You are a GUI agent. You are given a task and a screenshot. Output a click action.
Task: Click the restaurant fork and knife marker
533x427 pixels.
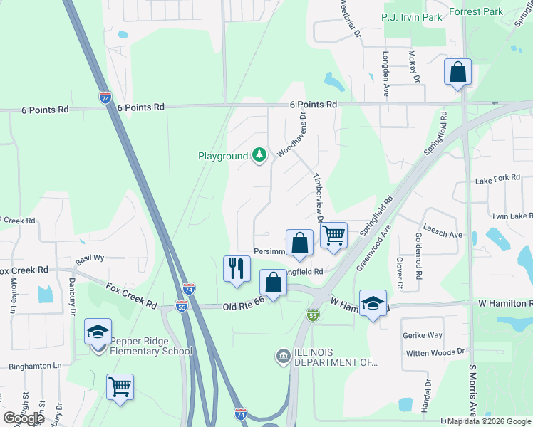[237, 269]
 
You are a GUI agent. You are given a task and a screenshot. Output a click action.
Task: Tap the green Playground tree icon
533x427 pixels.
[260, 155]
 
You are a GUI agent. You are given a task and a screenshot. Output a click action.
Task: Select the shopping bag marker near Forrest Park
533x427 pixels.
[457, 73]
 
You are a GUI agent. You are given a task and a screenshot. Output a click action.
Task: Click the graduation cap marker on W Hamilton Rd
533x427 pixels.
[373, 304]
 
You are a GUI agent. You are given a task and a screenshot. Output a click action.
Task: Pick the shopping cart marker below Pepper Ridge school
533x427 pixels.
[120, 388]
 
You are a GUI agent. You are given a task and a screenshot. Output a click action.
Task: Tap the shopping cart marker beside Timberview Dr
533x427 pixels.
[333, 235]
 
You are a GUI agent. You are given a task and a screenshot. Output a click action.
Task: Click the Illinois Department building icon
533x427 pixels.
[283, 355]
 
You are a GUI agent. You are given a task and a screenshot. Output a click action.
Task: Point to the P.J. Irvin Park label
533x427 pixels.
[413, 16]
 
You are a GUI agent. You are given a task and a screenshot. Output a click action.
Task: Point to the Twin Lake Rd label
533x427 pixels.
[511, 216]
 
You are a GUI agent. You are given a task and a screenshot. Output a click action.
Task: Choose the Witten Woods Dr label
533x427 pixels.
[435, 352]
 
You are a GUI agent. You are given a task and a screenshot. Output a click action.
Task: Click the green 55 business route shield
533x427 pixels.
[312, 314]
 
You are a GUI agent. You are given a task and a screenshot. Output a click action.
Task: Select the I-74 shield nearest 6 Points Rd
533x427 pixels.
[105, 97]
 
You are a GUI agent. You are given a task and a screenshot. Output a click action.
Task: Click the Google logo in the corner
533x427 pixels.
[24, 418]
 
